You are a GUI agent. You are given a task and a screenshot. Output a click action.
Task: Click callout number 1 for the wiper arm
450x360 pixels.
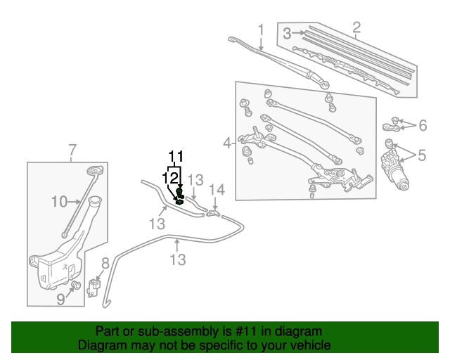click(261, 30)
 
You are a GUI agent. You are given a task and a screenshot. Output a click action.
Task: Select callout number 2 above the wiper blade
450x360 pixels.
click(356, 28)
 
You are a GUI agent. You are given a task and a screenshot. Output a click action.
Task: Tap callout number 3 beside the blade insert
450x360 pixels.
click(287, 33)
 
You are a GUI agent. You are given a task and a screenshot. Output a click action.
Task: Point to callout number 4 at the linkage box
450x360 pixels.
click(227, 143)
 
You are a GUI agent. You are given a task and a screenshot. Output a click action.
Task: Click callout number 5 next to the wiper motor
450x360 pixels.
click(422, 155)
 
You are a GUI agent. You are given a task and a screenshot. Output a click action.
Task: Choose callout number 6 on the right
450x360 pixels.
click(423, 126)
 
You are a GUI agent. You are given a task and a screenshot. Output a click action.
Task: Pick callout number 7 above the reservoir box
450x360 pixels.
click(72, 149)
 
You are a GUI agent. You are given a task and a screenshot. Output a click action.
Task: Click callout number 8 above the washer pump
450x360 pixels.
click(105, 263)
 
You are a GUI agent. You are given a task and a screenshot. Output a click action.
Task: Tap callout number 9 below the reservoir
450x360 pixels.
click(60, 300)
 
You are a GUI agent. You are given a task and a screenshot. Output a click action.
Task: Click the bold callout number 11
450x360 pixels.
click(175, 156)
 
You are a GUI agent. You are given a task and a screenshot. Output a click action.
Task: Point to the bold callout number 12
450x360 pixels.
click(169, 178)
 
